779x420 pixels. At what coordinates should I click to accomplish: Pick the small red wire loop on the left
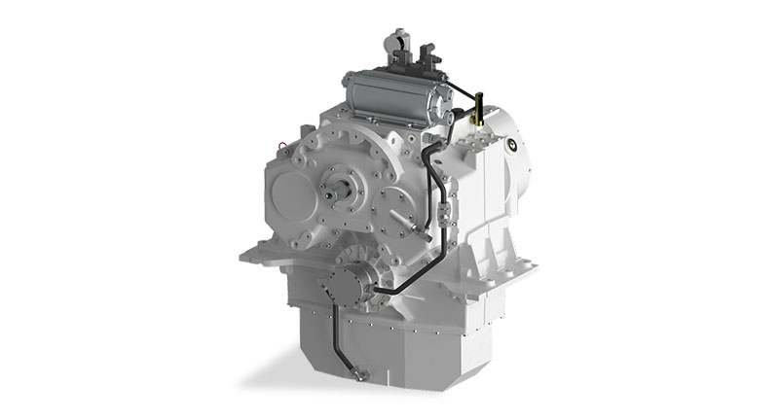(283, 147)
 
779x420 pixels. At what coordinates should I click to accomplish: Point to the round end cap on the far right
(513, 149)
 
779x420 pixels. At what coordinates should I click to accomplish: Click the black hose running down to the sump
(337, 335)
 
